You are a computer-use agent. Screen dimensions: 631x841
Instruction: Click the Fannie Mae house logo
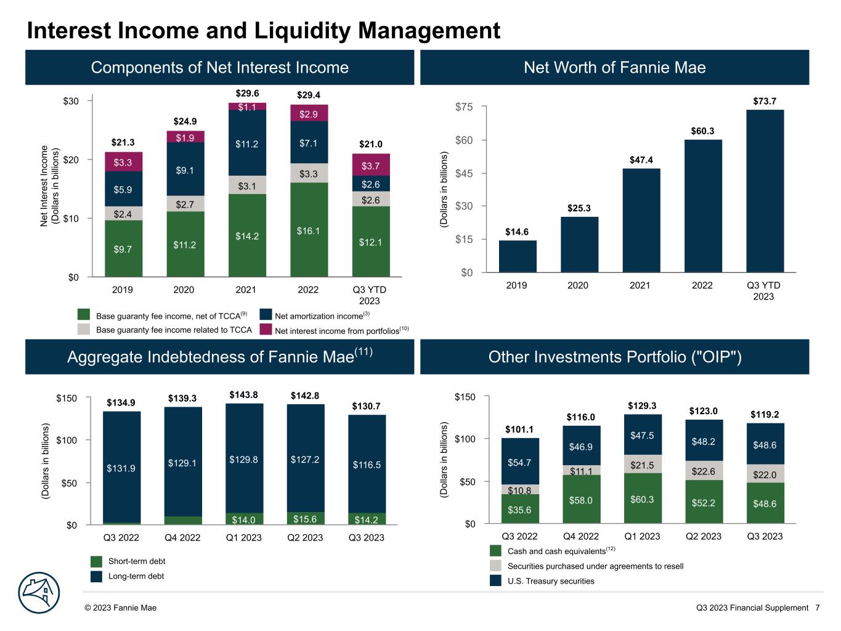pyautogui.click(x=39, y=593)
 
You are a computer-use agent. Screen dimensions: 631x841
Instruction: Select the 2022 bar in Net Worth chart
pyautogui.click(x=702, y=206)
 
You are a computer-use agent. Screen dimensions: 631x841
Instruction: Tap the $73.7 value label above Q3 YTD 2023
pyautogui.click(x=765, y=101)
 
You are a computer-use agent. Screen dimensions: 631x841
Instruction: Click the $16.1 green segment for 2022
pyautogui.click(x=309, y=230)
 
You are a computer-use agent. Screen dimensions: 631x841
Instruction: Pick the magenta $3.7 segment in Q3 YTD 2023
pyautogui.click(x=371, y=165)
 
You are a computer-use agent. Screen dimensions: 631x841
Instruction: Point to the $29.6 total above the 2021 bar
pyautogui.click(x=247, y=93)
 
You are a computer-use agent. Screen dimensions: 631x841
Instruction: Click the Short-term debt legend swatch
pyautogui.click(x=96, y=561)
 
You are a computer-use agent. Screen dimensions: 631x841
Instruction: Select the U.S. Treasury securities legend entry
pyautogui.click(x=551, y=581)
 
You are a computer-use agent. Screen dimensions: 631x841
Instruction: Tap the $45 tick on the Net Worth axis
pyautogui.click(x=463, y=173)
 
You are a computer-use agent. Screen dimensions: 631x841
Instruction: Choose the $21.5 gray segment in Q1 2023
pyautogui.click(x=642, y=465)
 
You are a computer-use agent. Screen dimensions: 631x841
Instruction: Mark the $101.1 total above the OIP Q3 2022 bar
pyautogui.click(x=519, y=429)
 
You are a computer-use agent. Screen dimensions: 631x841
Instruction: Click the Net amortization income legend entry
pyautogui.click(x=319, y=316)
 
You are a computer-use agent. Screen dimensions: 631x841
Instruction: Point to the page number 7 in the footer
pyautogui.click(x=818, y=608)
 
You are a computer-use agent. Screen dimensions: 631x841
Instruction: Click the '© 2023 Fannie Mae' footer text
pyautogui.click(x=121, y=608)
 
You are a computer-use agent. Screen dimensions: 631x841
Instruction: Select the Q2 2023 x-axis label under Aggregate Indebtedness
pyautogui.click(x=305, y=537)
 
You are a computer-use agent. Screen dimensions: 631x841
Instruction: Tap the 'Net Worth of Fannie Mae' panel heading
pyautogui.click(x=614, y=67)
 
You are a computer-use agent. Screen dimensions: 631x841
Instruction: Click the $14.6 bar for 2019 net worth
pyautogui.click(x=518, y=256)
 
